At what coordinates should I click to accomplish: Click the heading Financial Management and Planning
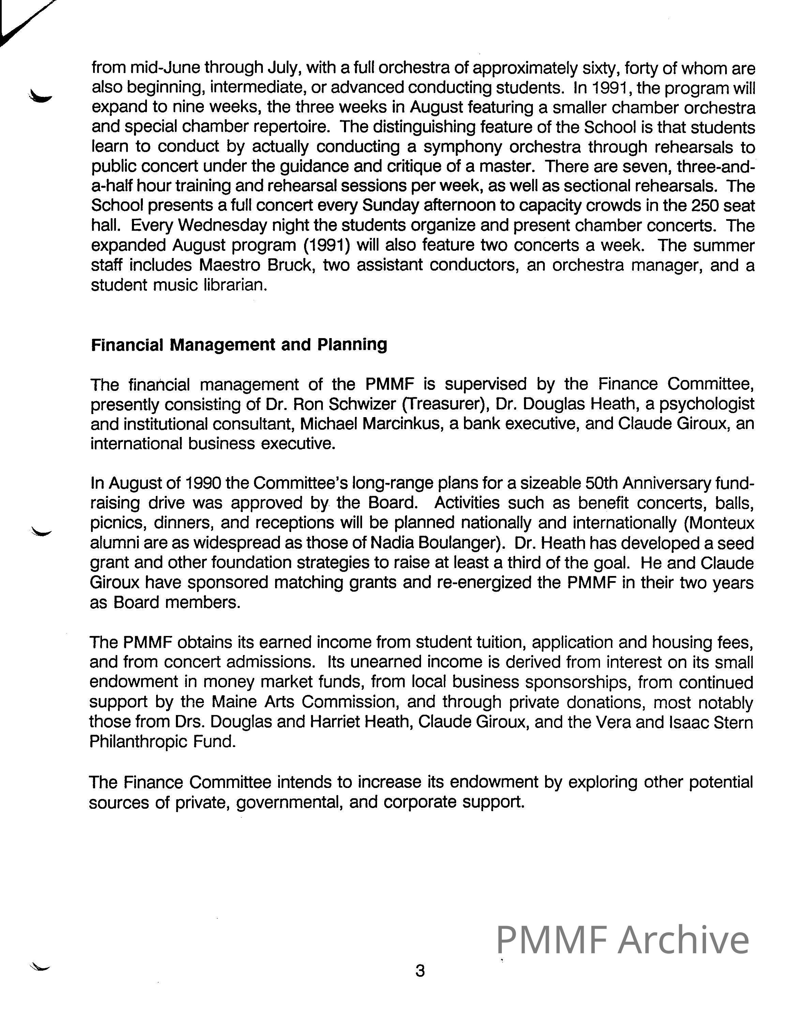pos(239,345)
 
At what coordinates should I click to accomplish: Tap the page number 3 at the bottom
pos(419,971)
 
